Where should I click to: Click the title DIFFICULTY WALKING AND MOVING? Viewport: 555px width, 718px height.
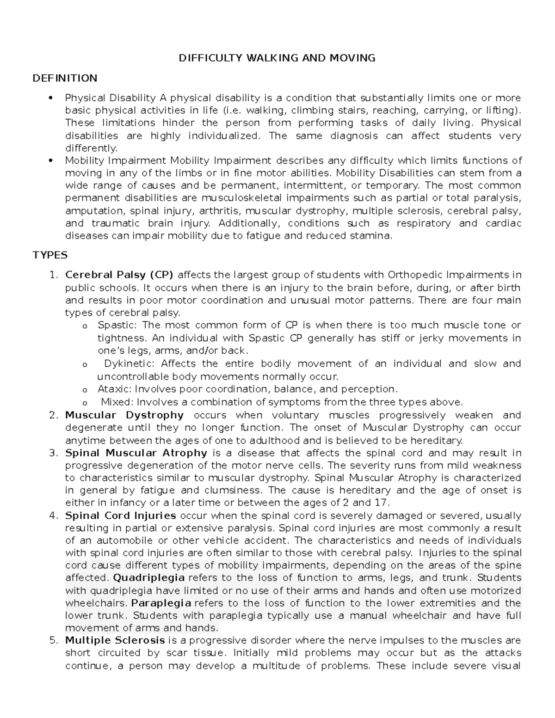tap(277, 58)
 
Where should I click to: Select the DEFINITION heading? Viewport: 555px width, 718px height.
tap(65, 78)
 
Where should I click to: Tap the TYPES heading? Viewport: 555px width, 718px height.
tap(50, 255)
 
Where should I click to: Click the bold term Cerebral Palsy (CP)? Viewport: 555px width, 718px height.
tap(119, 275)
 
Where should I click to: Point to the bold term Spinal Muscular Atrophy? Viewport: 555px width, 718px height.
tap(136, 453)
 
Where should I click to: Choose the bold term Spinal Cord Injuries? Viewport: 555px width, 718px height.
tap(120, 515)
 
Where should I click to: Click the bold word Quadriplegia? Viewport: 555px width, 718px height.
tap(149, 578)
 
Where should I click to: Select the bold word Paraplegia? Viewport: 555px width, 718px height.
tap(161, 603)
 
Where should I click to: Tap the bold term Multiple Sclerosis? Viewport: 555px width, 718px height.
tap(115, 640)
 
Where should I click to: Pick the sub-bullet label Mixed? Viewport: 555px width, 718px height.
tap(117, 402)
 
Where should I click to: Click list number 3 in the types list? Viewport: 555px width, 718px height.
tap(53, 453)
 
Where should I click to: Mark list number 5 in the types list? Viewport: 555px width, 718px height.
tap(53, 640)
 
